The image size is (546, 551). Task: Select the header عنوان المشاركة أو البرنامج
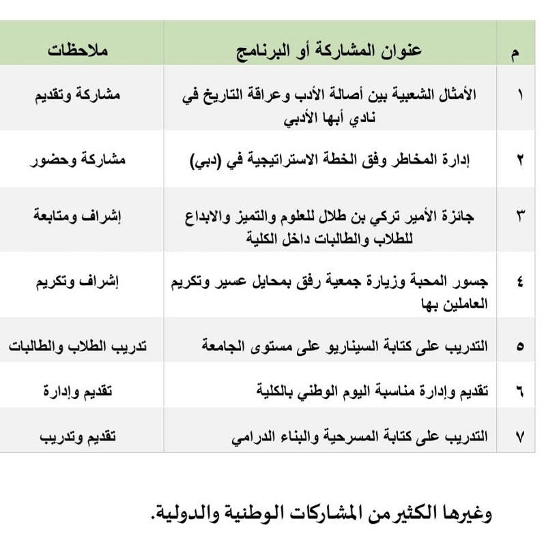330,50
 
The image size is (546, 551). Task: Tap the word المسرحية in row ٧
356,436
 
